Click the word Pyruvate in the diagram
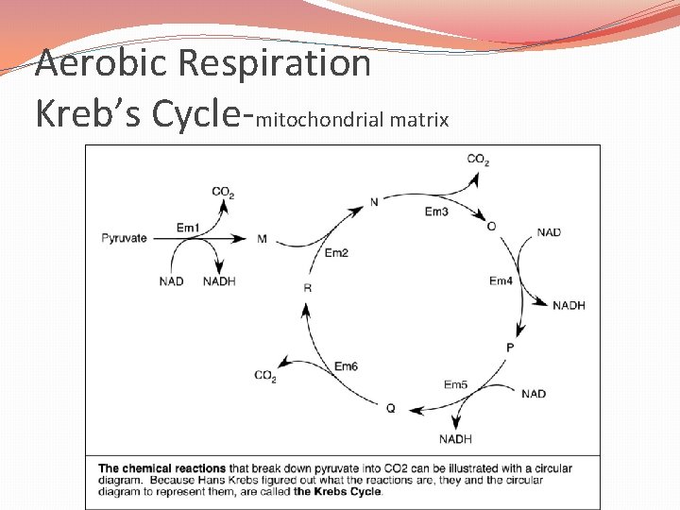point(125,238)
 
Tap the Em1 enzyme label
point(188,228)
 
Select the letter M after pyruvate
point(262,239)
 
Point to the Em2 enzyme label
point(336,253)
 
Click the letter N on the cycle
point(374,202)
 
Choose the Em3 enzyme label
point(436,212)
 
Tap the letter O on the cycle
point(491,227)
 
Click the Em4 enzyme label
point(501,281)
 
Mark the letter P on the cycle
point(510,348)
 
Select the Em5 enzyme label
point(456,384)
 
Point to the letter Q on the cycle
point(390,408)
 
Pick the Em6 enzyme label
point(346,366)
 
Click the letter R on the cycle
point(308,287)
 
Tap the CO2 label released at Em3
point(478,160)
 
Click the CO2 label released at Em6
point(265,377)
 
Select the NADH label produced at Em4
point(569,305)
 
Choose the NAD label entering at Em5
point(534,394)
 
